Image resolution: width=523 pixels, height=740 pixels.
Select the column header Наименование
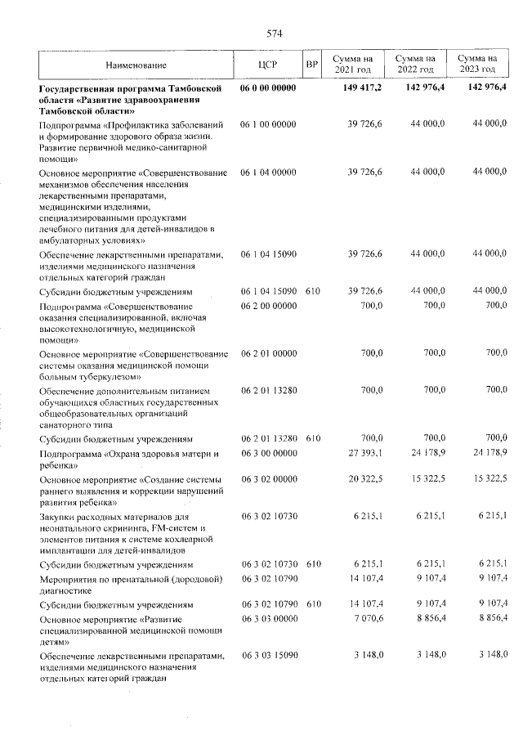tap(136, 65)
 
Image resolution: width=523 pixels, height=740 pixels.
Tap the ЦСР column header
tap(268, 65)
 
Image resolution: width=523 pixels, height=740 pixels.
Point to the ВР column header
tap(311, 65)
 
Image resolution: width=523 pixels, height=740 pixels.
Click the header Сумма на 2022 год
tap(415, 64)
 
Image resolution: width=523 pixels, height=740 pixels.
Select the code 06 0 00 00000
tap(268, 87)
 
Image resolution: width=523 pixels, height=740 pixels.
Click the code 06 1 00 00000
tap(268, 123)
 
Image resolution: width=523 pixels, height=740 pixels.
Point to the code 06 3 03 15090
tap(268, 655)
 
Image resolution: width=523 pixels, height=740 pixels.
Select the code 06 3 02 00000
tap(268, 478)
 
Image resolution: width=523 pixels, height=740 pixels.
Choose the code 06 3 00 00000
tap(268, 452)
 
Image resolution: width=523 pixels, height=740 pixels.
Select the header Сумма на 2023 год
tap(478, 64)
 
